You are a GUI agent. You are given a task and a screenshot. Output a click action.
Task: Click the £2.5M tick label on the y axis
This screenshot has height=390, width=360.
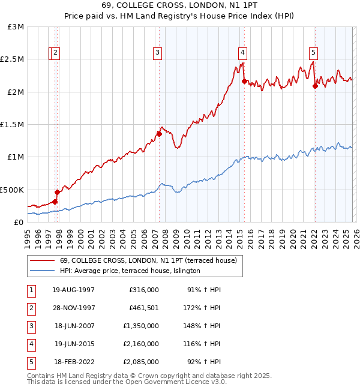[12, 59]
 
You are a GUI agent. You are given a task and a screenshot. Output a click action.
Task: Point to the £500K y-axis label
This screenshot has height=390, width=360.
[12, 190]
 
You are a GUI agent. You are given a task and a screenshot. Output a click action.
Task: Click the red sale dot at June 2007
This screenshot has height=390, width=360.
[159, 134]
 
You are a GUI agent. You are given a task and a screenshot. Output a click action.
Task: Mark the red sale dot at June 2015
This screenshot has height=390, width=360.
[244, 81]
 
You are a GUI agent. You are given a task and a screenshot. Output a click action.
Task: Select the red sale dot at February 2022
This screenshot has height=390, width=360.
[315, 86]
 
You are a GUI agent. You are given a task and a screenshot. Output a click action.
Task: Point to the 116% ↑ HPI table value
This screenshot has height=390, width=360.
[203, 344]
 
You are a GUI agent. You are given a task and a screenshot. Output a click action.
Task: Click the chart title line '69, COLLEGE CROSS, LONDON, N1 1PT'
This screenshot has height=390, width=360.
[179, 7]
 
